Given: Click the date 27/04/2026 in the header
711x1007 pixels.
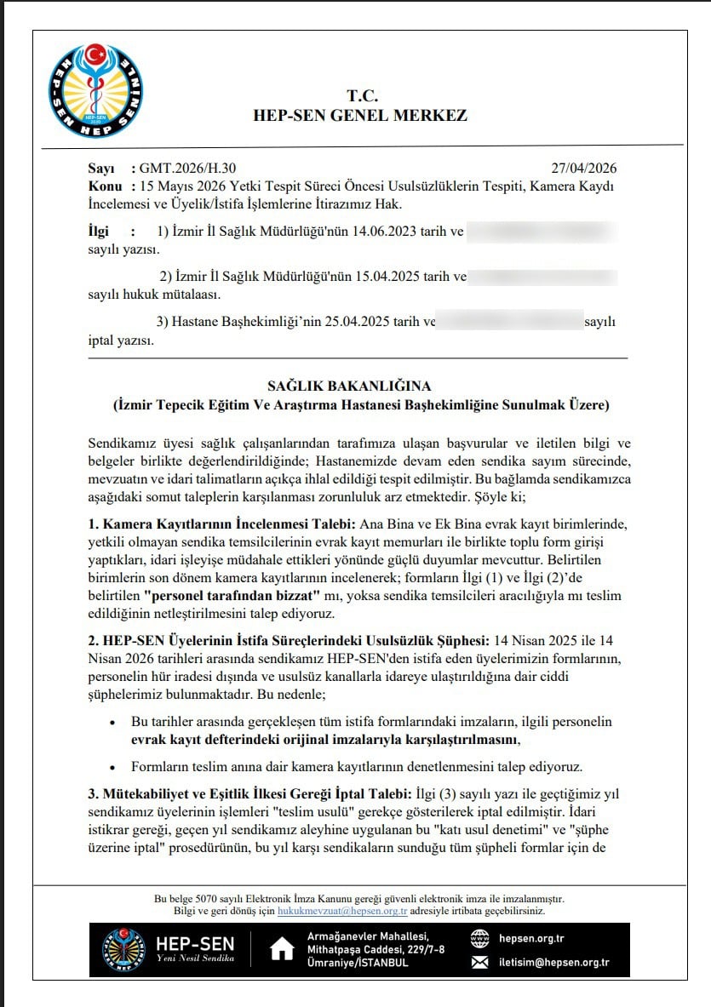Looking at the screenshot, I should (x=586, y=168).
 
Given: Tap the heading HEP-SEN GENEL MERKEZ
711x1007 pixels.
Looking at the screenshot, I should (x=360, y=116).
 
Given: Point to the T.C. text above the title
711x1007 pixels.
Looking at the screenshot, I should (x=361, y=94).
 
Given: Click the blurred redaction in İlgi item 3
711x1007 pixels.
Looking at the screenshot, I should (x=509, y=322).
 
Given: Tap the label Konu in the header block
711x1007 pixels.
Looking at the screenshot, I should (x=105, y=186).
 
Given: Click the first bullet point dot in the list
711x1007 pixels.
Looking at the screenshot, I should (x=113, y=722).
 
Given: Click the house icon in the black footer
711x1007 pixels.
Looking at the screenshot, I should (x=282, y=950).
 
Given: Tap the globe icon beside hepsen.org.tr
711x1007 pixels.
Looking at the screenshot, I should (x=481, y=939).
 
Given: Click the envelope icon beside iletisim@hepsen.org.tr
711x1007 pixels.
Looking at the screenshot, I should (x=481, y=963).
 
